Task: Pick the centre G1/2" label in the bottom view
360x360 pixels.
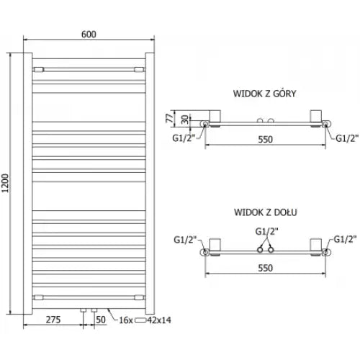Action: point(266,232)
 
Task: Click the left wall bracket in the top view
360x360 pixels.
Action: point(215,117)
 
